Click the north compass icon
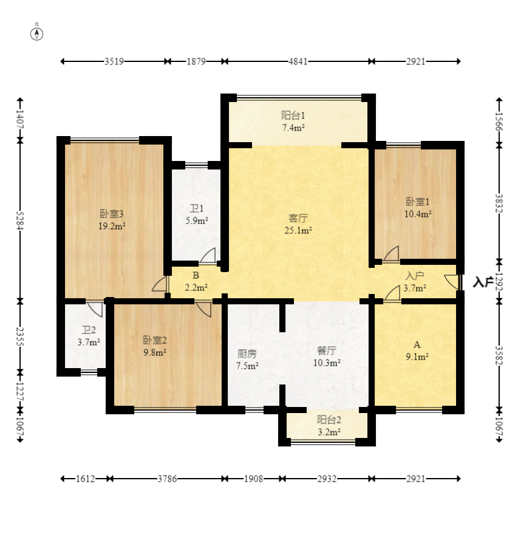[37, 34]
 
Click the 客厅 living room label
[298, 218]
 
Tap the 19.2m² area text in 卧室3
[112, 226]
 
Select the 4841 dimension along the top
[298, 61]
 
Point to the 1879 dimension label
[196, 61]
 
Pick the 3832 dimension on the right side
[499, 203]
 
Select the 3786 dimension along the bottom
[168, 479]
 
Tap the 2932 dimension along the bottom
[327, 479]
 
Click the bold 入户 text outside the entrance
[483, 282]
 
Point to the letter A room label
[417, 345]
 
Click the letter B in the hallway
[196, 275]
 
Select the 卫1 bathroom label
[197, 208]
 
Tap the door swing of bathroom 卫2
[95, 309]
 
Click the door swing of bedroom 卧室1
[391, 253]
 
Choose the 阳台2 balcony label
[329, 420]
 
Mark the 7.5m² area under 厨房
[247, 366]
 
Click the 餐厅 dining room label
[327, 350]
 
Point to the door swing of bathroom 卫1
[208, 256]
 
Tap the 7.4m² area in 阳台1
[293, 128]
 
